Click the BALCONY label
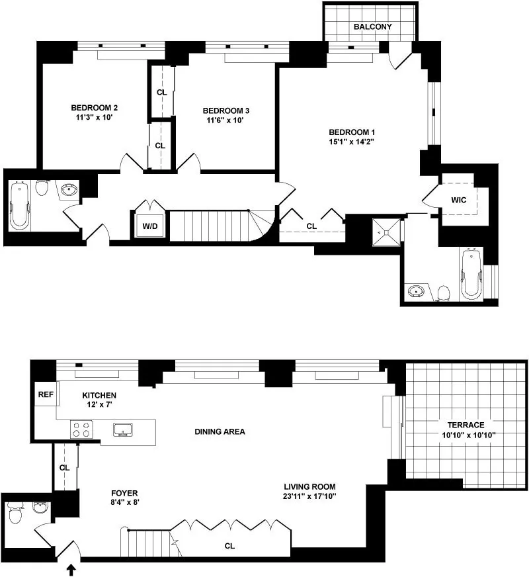point(372,27)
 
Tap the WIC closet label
point(459,200)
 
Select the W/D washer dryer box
point(151,226)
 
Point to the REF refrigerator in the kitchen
point(46,394)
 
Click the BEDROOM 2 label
point(95,109)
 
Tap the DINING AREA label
point(220,431)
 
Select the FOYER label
point(124,492)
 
